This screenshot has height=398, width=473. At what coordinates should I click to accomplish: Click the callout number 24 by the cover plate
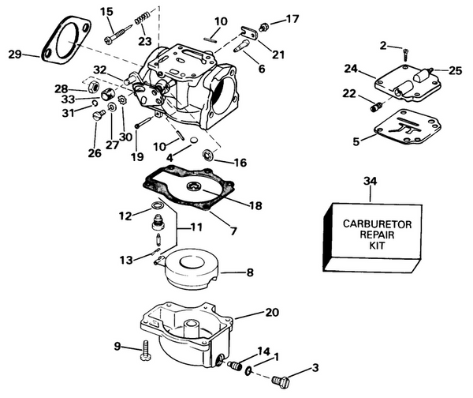352,68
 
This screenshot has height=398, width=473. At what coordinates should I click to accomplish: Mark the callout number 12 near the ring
125,216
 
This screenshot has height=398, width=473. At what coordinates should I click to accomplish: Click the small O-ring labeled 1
250,370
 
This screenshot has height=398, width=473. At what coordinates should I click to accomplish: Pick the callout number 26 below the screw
95,152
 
